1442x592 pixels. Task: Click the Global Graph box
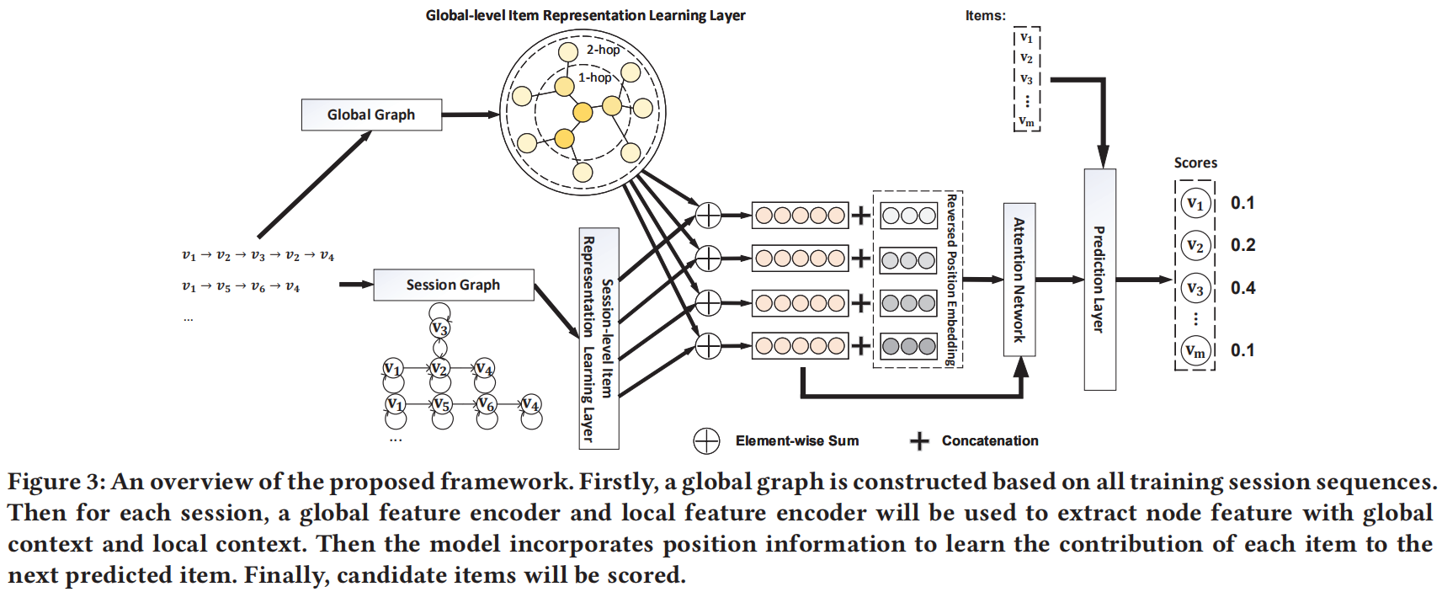click(371, 115)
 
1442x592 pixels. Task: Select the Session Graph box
click(453, 285)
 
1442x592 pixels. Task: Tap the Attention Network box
click(1019, 279)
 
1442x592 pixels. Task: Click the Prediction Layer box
click(1099, 279)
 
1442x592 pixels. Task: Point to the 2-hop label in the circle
click(603, 50)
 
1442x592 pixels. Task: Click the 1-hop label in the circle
click(594, 77)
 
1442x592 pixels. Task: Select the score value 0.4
click(1242, 288)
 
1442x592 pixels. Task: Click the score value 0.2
click(1242, 245)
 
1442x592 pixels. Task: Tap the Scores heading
click(1195, 163)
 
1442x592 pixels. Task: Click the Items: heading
click(985, 15)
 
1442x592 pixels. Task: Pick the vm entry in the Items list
click(1026, 121)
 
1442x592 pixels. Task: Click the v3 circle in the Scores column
click(1195, 288)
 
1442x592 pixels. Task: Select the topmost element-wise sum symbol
click(708, 216)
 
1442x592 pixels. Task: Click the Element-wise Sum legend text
click(796, 440)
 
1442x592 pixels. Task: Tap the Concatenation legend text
click(989, 440)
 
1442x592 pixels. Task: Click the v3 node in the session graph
click(439, 328)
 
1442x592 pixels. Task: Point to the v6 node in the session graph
click(486, 405)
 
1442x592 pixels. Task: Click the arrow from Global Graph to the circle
click(470, 115)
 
